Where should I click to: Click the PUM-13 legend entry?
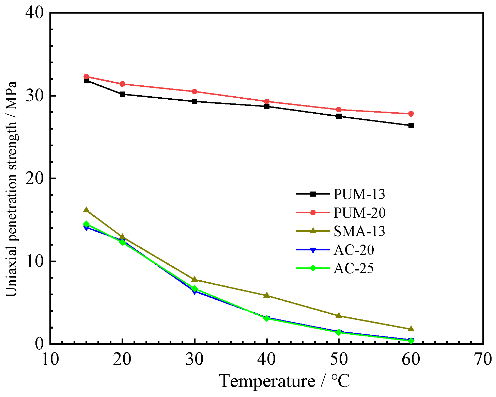(359, 194)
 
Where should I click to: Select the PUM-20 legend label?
(359, 213)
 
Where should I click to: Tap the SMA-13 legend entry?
(359, 231)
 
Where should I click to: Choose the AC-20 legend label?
(354, 250)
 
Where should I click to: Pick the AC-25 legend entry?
(354, 268)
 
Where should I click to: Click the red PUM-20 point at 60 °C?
(411, 114)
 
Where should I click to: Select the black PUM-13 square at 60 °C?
(411, 126)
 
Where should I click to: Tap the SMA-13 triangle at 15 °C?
(86, 210)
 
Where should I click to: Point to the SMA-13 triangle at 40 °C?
(267, 295)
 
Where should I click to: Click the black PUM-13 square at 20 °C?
(122, 94)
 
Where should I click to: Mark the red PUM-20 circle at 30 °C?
(195, 92)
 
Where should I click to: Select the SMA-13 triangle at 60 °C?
(411, 329)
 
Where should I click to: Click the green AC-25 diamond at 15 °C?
(86, 224)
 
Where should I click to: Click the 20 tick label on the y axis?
(35, 179)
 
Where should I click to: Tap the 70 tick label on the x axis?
(483, 360)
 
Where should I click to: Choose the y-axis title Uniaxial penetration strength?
(12, 189)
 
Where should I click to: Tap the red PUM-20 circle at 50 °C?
(339, 110)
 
